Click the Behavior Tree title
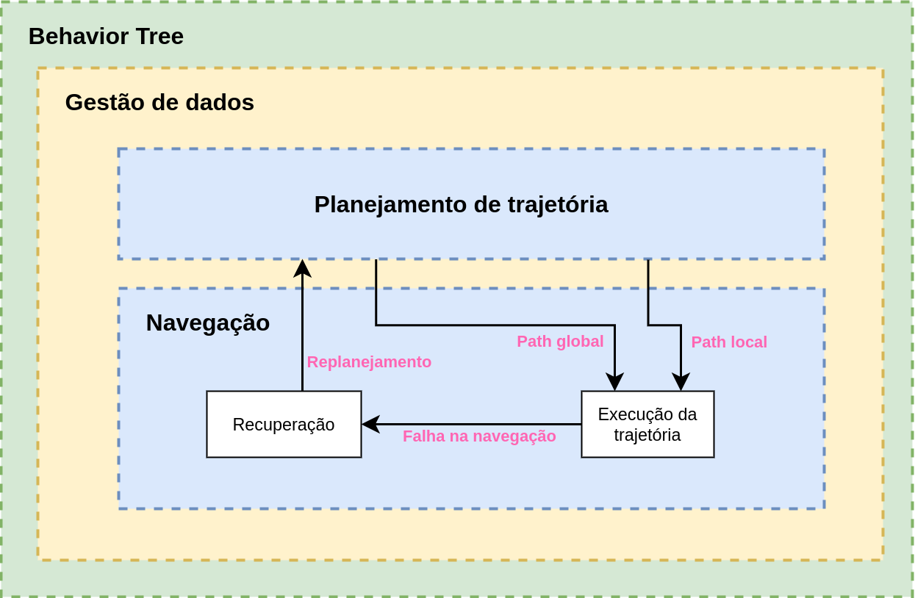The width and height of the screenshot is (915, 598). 106,36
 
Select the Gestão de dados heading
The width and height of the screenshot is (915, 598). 159,102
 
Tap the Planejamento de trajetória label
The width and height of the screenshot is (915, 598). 461,204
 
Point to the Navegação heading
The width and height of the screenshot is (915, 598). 208,323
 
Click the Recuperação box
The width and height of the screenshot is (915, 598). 284,424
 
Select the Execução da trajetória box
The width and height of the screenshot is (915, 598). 647,424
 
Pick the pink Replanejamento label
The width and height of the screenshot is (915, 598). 369,361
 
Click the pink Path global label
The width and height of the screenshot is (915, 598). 560,341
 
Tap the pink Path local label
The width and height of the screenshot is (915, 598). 729,342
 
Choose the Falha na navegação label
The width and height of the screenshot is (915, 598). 479,436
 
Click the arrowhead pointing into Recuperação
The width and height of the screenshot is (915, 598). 370,424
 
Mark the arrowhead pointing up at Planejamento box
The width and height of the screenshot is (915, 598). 302,269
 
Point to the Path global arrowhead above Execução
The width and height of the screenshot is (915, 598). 614,381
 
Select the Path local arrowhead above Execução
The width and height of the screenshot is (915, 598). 681,381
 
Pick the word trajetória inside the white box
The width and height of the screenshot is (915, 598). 647,435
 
